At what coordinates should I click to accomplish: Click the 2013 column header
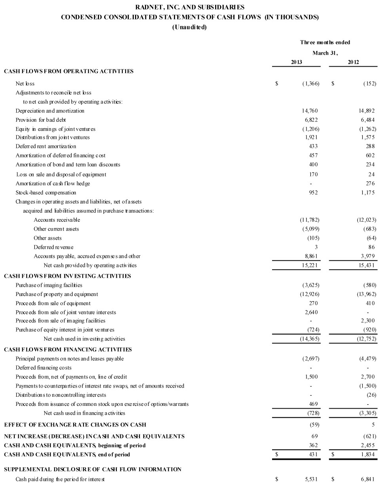296,62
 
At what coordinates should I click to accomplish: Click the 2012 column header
353,62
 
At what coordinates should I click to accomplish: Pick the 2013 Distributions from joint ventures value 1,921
311,137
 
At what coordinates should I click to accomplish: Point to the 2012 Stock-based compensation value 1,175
367,192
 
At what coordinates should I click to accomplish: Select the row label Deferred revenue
53,247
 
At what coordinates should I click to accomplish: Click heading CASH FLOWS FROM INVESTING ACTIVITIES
67,276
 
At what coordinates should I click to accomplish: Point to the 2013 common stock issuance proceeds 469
313,404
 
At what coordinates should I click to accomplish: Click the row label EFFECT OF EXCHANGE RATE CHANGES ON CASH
75,425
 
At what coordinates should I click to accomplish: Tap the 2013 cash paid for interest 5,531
311,479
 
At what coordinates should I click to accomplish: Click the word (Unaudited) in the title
189,27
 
